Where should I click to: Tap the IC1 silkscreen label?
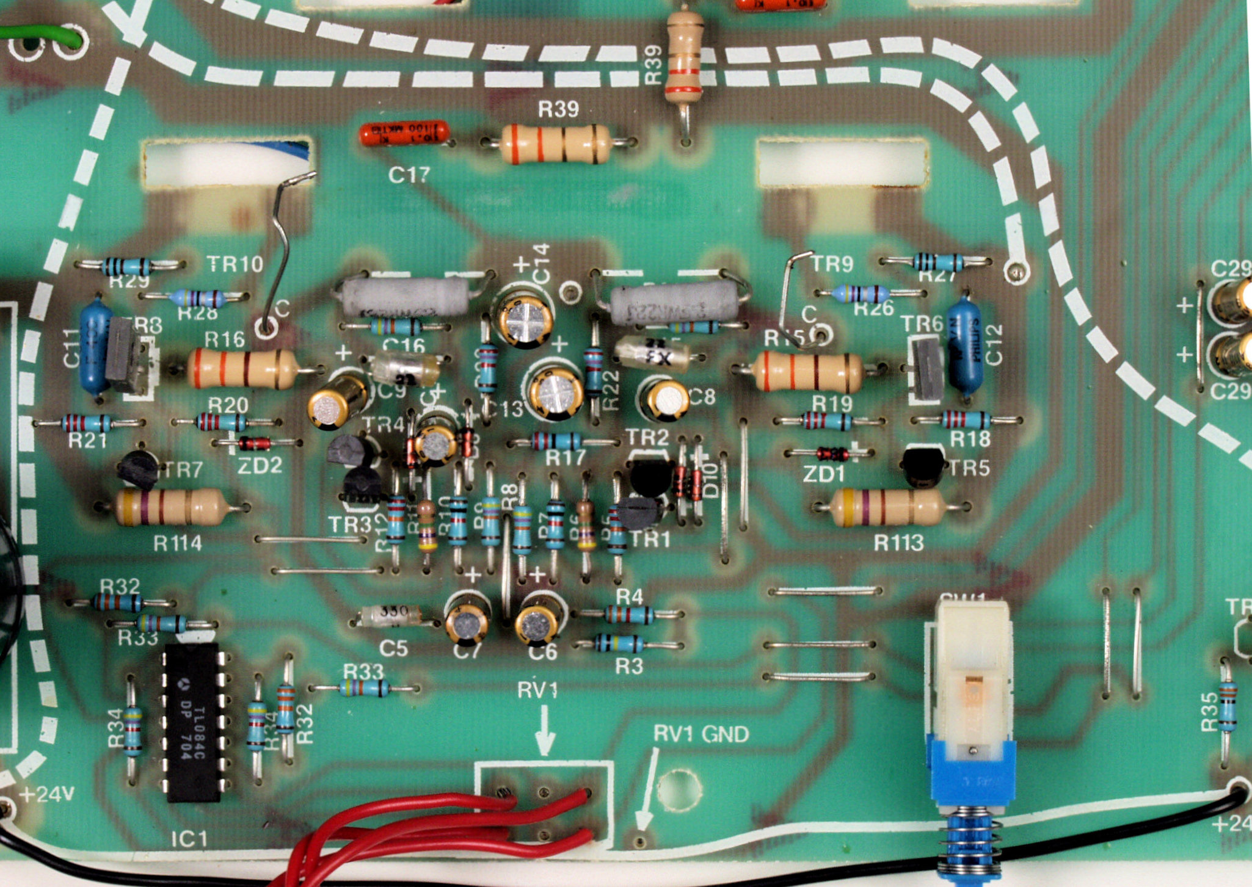189,839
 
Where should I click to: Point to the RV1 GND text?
701,733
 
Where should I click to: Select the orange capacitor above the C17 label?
404,133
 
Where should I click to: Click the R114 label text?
177,543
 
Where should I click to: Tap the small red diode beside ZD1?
832,454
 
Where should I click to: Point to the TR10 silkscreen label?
235,264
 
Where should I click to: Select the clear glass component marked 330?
391,615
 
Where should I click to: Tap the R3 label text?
629,666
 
